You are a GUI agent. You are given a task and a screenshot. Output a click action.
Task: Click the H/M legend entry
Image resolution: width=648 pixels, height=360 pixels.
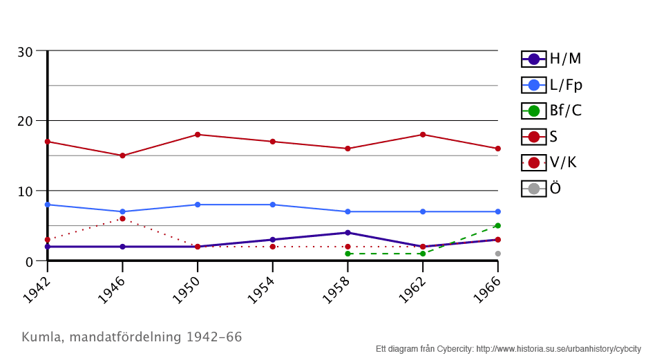[x=551, y=59]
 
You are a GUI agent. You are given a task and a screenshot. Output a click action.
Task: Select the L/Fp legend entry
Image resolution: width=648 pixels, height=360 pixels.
[x=552, y=85]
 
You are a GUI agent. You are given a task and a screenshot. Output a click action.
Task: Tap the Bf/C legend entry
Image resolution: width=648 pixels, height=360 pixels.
[x=551, y=111]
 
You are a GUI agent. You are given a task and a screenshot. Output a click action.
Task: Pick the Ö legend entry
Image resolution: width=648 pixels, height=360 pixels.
[x=542, y=188]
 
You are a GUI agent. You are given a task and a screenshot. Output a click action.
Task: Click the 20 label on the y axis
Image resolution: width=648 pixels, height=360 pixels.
[x=25, y=121]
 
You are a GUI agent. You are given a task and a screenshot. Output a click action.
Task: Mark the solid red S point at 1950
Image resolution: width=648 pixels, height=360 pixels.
[x=198, y=135]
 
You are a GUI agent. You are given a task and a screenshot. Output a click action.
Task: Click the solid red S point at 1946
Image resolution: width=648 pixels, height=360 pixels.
[x=122, y=155]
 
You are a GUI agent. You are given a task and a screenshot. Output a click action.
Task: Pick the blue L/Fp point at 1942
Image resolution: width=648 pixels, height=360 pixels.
[x=47, y=205]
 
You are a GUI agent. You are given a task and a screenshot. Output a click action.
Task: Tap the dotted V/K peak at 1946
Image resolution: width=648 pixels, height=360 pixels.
[x=122, y=218]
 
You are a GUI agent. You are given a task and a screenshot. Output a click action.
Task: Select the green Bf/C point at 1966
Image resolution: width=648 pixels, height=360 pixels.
[x=497, y=226]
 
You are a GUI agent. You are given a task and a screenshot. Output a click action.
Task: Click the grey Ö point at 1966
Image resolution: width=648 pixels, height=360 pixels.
[x=497, y=254]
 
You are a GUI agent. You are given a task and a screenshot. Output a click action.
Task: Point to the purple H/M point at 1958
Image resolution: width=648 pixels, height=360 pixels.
[x=347, y=233]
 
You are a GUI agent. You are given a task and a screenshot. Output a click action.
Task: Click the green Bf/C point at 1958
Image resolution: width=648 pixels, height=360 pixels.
[x=347, y=254]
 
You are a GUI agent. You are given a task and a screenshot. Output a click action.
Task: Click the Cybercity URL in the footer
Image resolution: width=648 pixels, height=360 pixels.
[x=559, y=348]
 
